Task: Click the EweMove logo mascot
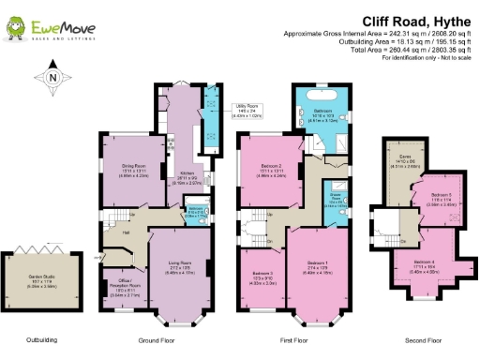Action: (16, 28)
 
